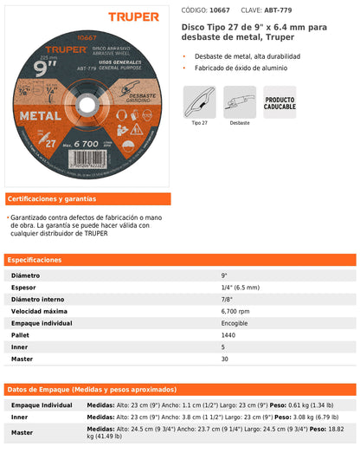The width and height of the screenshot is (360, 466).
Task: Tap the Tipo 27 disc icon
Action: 200,103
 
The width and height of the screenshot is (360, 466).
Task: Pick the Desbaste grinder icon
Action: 240,103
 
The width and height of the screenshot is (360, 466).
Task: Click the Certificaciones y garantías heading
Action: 52,198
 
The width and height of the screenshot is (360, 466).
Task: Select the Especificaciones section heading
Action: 36,260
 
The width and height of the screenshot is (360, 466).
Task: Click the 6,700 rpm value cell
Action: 235,310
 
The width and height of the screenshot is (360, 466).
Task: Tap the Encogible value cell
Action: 235,322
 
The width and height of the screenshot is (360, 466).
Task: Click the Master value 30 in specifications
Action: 225,358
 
